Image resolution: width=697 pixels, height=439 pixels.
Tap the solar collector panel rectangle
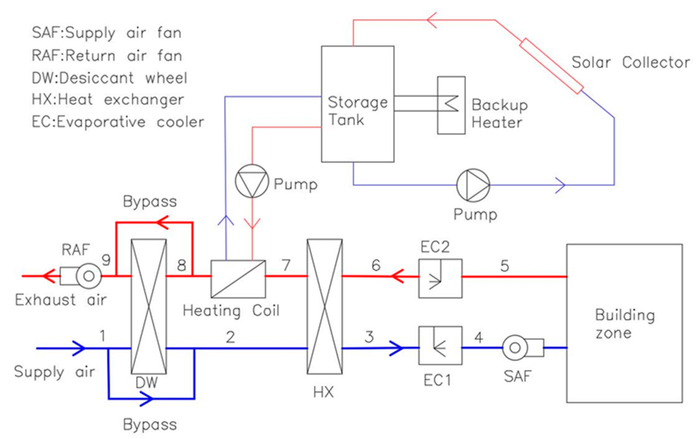tap(551, 66)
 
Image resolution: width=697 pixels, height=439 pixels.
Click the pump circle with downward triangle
tap(252, 181)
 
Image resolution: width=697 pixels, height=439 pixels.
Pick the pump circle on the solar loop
tap(473, 185)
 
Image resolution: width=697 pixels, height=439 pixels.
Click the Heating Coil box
tap(238, 279)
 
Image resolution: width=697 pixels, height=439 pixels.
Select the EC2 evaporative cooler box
tap(440, 278)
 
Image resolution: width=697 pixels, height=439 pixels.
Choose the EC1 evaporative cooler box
tap(440, 345)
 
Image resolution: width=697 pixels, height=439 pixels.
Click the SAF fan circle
tap(515, 348)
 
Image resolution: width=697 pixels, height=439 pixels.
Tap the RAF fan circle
tap(89, 276)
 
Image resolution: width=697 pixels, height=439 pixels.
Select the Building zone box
tap(624, 323)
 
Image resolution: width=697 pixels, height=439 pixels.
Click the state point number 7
tap(286, 265)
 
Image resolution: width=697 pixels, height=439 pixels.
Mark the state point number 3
tap(369, 337)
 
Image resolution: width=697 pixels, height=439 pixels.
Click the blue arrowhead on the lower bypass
tap(146, 399)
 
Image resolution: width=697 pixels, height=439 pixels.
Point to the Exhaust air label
tap(61, 300)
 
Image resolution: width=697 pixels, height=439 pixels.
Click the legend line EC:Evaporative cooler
tap(118, 122)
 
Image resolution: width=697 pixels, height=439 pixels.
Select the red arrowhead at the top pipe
tap(432, 20)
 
